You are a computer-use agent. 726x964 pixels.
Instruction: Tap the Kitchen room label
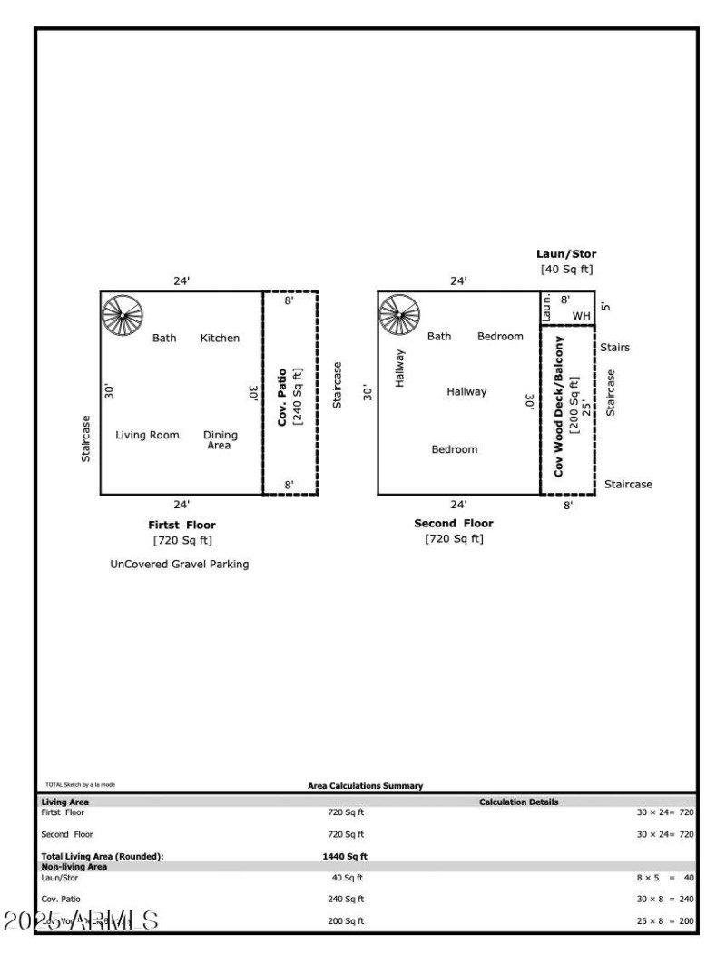pos(220,339)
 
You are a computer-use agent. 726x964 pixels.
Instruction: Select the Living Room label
pos(147,435)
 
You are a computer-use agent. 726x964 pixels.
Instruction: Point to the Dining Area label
pos(220,439)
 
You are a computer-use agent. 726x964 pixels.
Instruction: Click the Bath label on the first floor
pos(164,339)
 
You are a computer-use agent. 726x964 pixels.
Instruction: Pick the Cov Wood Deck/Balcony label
pos(559,408)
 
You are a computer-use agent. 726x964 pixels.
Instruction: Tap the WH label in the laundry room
pos(581,316)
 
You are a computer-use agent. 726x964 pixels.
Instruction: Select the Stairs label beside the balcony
pos(614,348)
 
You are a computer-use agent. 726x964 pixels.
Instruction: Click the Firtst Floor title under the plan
pos(181,525)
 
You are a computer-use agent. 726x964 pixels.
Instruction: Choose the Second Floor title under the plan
pos(454,524)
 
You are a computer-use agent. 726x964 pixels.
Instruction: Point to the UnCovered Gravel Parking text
pos(179,564)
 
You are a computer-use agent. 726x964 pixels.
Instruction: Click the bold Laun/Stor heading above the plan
pos(566,254)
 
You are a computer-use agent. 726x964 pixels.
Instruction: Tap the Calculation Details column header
pos(518,802)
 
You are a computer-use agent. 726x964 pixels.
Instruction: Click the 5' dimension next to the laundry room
pos(605,307)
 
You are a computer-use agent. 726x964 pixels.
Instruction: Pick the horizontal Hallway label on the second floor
pos(466,392)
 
